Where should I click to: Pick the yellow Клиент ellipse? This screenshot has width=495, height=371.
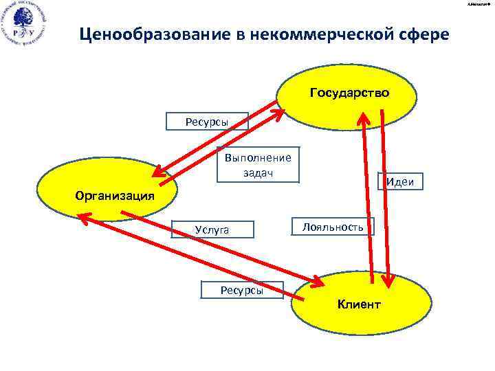tap(358, 303)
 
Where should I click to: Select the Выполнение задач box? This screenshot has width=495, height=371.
tap(258, 165)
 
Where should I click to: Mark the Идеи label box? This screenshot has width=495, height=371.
tap(400, 181)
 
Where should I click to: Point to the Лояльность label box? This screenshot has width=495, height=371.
tap(333, 226)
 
